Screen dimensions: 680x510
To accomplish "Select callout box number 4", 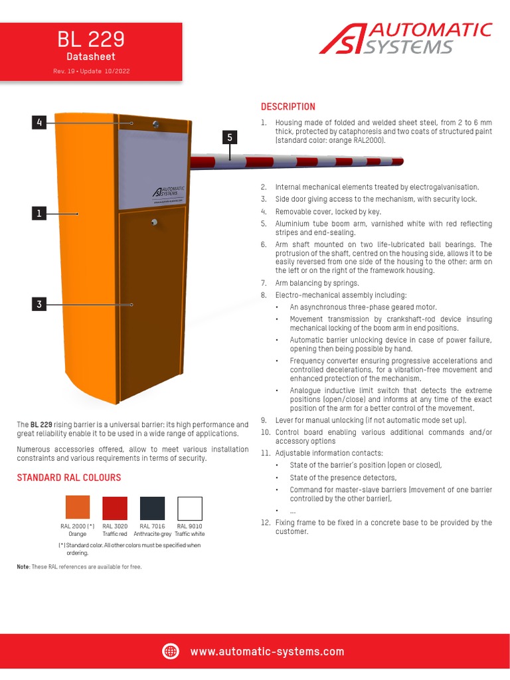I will [x=40, y=122].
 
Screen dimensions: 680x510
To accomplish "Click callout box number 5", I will [x=229, y=137].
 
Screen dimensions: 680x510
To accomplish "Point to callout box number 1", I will [x=40, y=213].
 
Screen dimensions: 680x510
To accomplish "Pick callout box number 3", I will [x=40, y=304].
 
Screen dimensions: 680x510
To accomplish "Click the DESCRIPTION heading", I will [x=288, y=107].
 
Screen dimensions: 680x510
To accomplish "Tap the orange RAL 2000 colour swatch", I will [x=78, y=508].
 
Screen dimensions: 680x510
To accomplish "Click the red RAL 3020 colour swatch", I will [x=115, y=508].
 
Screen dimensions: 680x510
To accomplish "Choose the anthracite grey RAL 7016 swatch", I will [x=152, y=508].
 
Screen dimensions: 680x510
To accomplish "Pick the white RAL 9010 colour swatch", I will [x=189, y=508].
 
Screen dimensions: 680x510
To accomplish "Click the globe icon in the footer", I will [x=171, y=651].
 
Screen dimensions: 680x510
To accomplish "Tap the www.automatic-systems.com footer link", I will [x=267, y=652].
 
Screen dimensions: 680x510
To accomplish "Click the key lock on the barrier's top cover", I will [x=155, y=124].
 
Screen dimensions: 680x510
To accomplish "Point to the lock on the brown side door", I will [x=153, y=222].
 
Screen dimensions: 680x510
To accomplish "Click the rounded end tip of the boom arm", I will [x=400, y=161].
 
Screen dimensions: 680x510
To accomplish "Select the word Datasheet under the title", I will [x=90, y=57].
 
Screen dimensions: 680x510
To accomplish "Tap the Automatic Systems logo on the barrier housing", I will [x=169, y=191].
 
